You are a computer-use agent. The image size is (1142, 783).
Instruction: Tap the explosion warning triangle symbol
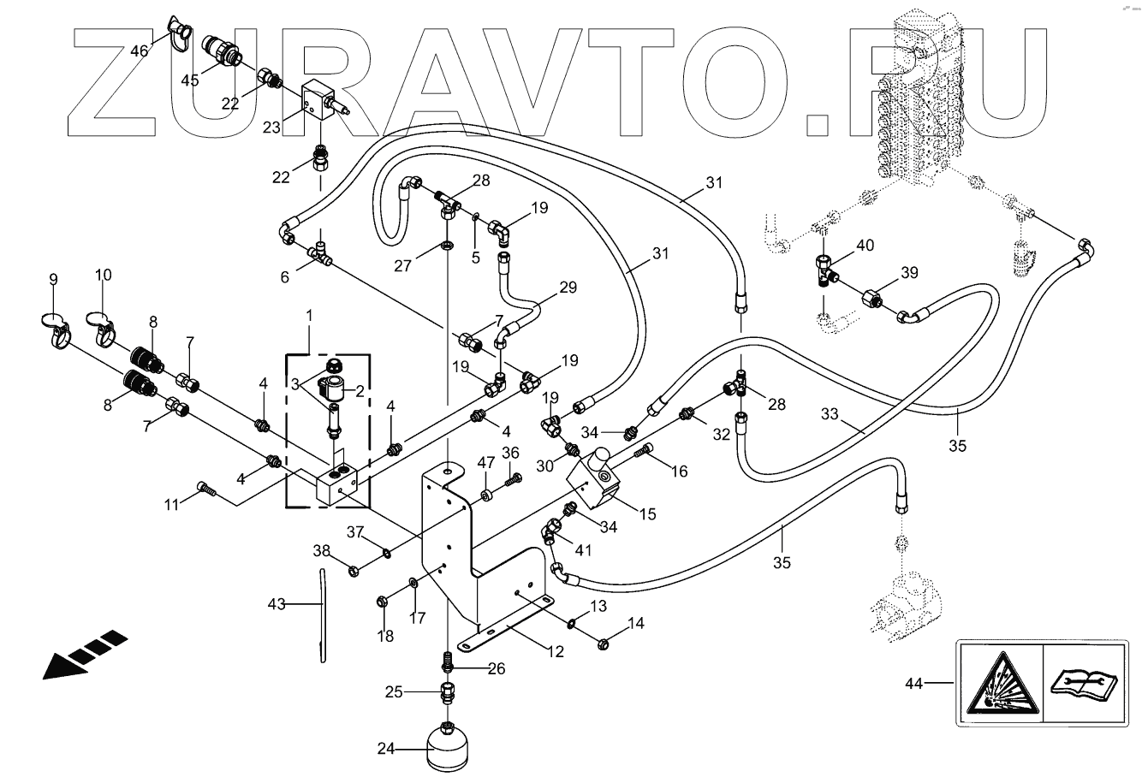(x=999, y=683)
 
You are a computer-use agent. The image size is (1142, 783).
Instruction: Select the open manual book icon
(x=1084, y=684)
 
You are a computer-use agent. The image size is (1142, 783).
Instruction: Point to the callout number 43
(x=276, y=605)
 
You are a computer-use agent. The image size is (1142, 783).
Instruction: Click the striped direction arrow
(x=85, y=655)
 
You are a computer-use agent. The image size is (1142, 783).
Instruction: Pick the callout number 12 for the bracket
(x=556, y=651)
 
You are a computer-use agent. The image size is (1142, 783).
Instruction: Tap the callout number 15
(x=647, y=513)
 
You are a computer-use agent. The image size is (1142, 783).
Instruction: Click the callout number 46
(x=139, y=51)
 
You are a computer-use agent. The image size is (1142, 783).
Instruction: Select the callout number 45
(x=189, y=80)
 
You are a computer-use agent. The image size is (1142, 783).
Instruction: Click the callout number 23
(x=271, y=128)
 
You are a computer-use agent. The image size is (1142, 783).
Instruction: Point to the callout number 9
(x=53, y=279)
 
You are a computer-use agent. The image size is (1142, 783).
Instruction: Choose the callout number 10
(x=103, y=276)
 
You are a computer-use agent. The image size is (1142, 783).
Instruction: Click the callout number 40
(x=865, y=245)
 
